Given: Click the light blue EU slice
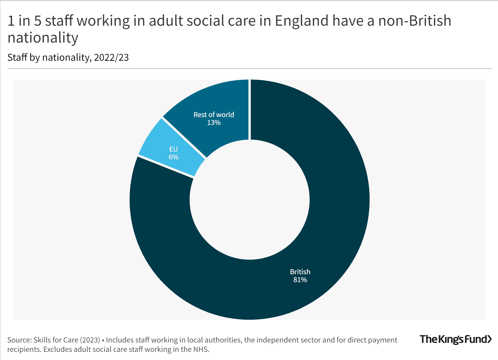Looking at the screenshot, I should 163,147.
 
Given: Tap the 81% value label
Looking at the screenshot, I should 300,280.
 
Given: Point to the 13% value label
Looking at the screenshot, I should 214,123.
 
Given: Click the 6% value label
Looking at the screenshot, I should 174,157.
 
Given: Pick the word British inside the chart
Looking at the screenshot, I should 300,272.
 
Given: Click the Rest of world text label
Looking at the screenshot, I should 214,115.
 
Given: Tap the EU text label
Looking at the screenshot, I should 174,149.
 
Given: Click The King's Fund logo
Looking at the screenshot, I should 455,339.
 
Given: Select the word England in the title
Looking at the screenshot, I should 302,21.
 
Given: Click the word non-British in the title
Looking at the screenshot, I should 414,21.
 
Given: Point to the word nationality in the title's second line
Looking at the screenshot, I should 43,38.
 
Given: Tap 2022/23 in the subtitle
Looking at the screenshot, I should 111,58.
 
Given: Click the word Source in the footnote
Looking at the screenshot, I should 19,340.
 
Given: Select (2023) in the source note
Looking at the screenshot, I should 90,340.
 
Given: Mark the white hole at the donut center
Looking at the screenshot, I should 249,200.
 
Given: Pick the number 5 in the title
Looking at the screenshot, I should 38,21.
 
